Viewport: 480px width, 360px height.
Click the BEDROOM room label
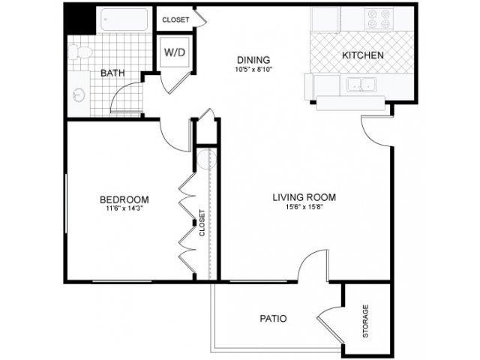(124, 199)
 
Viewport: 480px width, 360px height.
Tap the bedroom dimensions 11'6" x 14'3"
(124, 209)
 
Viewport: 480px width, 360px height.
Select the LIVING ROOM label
(304, 197)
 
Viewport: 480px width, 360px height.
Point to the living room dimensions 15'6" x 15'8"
(304, 208)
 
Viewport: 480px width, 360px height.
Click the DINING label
(253, 60)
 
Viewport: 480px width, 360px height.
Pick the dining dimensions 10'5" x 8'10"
(253, 70)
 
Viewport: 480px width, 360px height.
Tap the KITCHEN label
(363, 55)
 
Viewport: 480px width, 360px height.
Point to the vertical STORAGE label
(366, 320)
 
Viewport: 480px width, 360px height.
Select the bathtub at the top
(124, 20)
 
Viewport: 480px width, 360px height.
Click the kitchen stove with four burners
(379, 19)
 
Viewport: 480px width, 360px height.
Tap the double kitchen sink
(361, 85)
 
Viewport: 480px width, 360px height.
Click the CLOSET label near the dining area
(175, 19)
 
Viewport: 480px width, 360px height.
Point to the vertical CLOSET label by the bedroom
(202, 223)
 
